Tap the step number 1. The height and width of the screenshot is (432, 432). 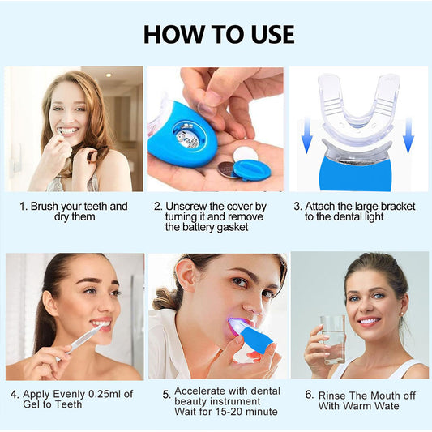[23, 207]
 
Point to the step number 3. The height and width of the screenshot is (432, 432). [297, 207]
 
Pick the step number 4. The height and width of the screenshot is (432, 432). [15, 395]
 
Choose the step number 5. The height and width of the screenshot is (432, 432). [166, 395]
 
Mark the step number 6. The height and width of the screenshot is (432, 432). [309, 395]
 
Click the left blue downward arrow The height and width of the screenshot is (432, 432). [307, 135]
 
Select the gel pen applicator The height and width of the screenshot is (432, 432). [83, 338]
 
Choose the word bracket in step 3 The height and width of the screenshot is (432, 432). [386, 207]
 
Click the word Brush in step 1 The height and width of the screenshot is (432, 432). [47, 207]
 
